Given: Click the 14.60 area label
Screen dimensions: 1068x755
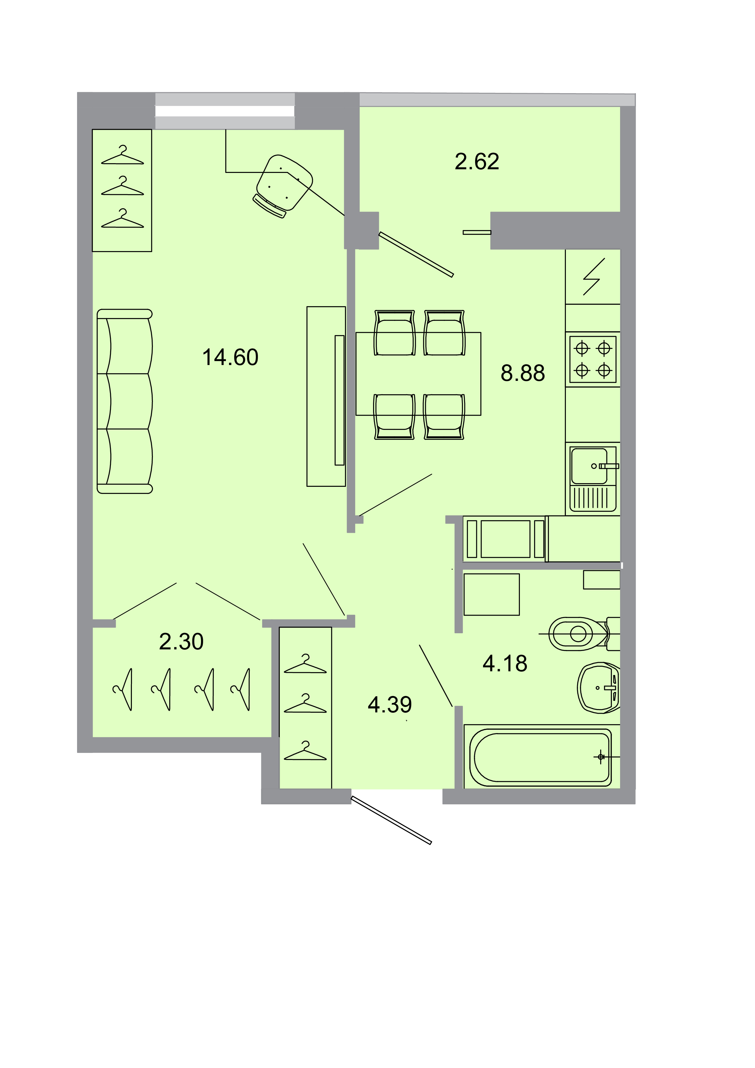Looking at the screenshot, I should point(230,357).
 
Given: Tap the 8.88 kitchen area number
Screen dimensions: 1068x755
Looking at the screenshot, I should point(522,373).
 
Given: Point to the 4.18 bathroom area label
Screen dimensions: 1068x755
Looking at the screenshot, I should point(505,663).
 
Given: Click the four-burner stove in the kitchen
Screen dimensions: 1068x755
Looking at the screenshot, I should point(593,359).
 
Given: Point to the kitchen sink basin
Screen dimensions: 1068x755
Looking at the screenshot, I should point(589,466).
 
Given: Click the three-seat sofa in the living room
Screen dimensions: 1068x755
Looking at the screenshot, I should point(125,401).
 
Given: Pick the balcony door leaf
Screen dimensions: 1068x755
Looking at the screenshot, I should point(416,255).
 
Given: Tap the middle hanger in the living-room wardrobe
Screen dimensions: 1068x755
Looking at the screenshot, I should point(122,186).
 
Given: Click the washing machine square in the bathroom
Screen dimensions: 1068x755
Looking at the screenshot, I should point(491,595).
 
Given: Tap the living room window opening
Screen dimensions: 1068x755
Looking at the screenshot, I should point(225,111).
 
